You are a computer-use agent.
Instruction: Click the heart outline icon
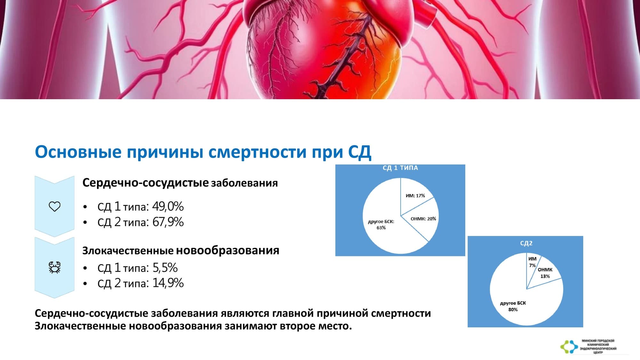54,206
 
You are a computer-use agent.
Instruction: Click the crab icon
54,267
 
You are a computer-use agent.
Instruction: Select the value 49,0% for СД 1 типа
168,206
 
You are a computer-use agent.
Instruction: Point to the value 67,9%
168,222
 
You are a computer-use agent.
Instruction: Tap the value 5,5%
165,268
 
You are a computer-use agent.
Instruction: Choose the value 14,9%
168,283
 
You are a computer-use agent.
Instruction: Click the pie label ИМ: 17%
415,196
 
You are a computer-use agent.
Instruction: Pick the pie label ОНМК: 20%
423,219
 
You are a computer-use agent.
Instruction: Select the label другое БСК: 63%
381,224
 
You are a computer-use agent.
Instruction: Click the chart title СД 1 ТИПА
400,168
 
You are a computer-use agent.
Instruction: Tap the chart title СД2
526,243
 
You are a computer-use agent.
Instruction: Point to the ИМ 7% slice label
532,262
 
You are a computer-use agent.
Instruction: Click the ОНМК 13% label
545,273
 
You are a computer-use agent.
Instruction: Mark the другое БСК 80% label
513,306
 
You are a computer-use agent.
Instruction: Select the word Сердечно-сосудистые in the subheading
146,183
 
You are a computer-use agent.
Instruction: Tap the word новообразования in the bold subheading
228,250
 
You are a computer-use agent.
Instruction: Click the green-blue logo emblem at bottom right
569,347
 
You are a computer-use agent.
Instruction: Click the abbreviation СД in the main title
360,152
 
